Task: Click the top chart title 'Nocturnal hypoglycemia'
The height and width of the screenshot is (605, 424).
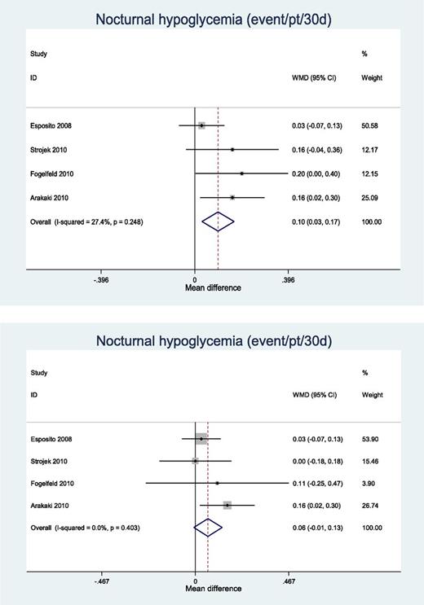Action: (x=211, y=19)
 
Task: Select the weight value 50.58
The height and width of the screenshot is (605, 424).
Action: (x=371, y=125)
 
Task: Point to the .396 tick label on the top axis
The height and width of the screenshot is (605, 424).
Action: (x=288, y=279)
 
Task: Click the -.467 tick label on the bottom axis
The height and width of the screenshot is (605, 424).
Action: (x=102, y=582)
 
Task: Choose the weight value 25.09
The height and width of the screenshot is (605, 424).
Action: (x=371, y=197)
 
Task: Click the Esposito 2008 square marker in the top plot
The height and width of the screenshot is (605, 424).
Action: (x=201, y=125)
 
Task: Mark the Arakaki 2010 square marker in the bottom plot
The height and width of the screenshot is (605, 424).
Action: (x=227, y=506)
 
